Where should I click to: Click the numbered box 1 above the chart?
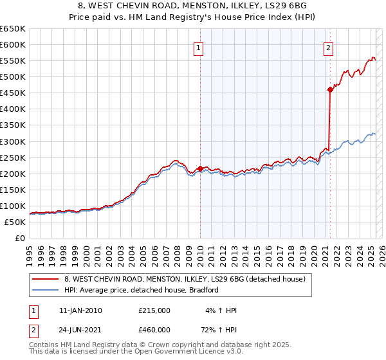point(198,47)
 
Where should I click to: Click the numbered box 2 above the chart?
point(329,47)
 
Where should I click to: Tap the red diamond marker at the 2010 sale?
point(200,168)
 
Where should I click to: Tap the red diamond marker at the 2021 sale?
point(330,89)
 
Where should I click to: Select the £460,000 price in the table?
point(154,330)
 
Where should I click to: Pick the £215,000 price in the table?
point(154,310)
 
